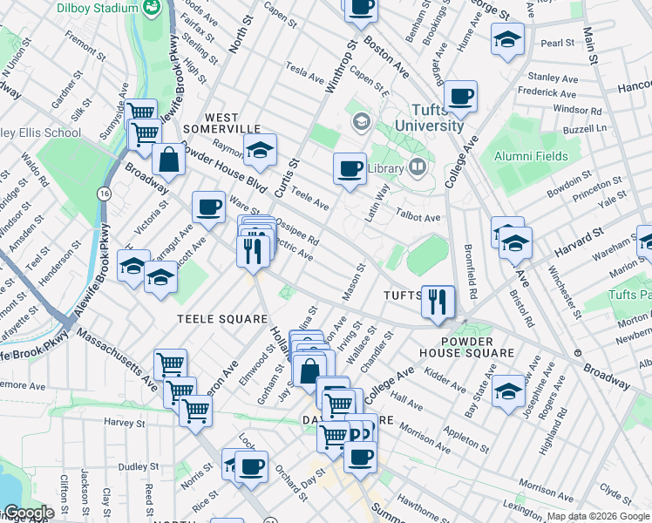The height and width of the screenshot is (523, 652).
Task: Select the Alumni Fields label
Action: (x=531, y=157)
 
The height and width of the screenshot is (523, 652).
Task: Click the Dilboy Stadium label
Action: (x=97, y=8)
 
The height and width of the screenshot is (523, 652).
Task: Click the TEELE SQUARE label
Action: (x=223, y=319)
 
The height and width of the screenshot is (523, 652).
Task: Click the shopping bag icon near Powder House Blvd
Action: (x=169, y=159)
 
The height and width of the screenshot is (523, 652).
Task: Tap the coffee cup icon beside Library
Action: (x=350, y=167)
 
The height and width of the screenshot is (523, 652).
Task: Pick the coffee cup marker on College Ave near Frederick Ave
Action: (x=460, y=96)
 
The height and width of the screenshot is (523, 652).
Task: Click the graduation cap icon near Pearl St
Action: (x=507, y=38)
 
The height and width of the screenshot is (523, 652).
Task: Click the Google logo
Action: (x=27, y=513)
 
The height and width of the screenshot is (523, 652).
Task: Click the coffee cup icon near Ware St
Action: (x=208, y=207)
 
